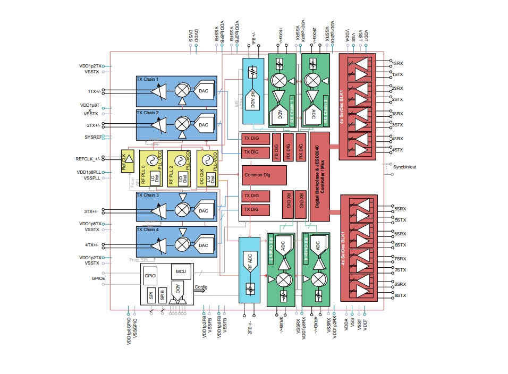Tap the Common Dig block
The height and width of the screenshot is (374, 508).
264,175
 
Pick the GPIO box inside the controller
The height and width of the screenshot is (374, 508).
150,277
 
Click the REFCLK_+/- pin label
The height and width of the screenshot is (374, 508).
88,158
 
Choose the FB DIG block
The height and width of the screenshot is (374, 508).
276,147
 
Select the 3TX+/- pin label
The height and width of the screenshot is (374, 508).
92,211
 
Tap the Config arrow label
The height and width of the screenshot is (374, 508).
201,286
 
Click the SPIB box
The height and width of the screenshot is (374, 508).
162,294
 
